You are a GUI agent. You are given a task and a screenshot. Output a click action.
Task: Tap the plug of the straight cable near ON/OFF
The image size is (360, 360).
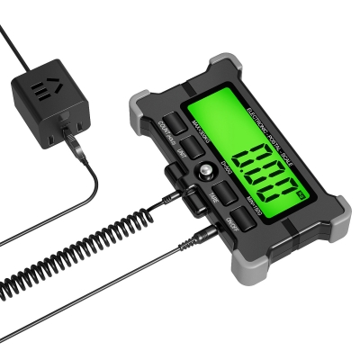coord(205,236)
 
